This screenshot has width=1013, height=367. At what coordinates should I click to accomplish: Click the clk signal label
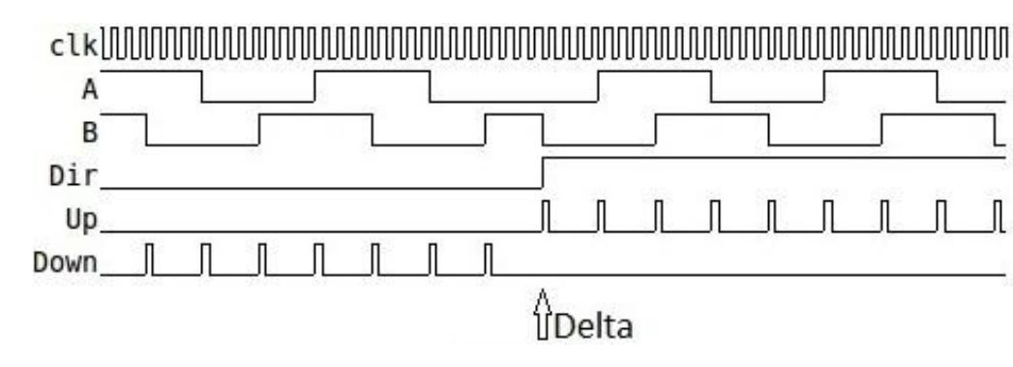(75, 46)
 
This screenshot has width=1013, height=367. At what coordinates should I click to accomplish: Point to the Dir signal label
(75, 176)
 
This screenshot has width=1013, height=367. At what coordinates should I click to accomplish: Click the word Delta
(592, 325)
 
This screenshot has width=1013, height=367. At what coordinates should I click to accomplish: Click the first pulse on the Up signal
(546, 216)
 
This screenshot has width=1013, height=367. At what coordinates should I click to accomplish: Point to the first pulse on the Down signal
(149, 259)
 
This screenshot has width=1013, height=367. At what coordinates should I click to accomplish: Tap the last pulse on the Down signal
(489, 259)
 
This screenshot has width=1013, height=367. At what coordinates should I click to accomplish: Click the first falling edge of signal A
(202, 86)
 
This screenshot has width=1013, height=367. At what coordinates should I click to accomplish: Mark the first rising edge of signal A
(315, 86)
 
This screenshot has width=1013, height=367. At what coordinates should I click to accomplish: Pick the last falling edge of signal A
(938, 86)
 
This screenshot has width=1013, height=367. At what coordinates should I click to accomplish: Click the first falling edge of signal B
(146, 130)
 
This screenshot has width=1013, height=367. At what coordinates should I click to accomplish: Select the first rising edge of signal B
(259, 130)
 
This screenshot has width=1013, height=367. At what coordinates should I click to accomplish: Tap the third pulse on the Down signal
(262, 259)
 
